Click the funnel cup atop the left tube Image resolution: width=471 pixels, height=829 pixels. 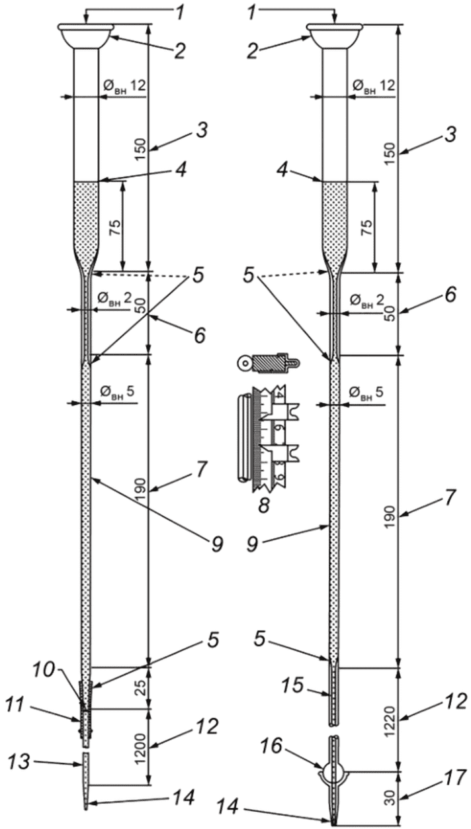point(86,36)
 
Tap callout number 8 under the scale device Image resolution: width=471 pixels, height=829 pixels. point(263,505)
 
